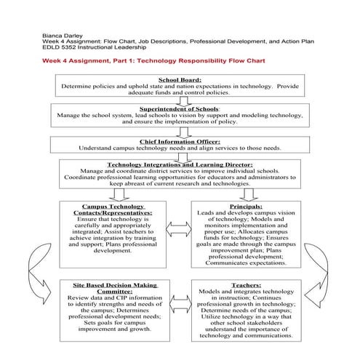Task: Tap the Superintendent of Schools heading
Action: pos(179,108)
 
